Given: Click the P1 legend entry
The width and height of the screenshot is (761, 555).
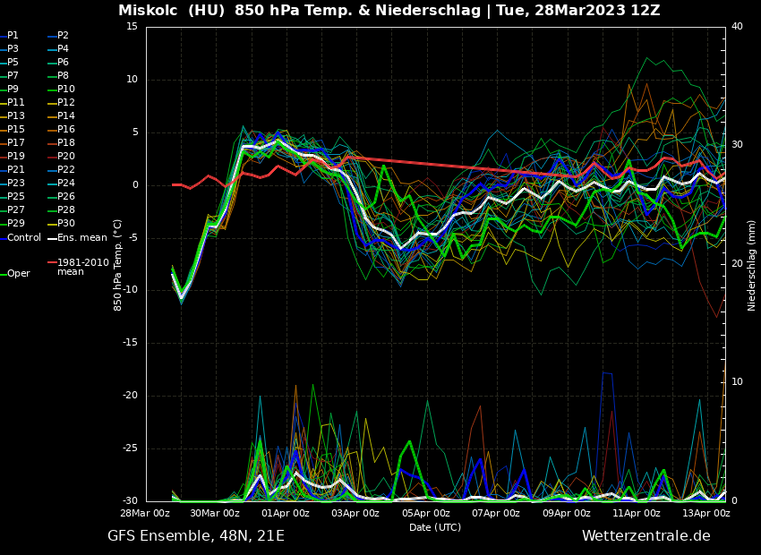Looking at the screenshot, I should (x=13, y=36).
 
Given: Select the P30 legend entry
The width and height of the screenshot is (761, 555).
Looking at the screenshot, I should (x=65, y=224).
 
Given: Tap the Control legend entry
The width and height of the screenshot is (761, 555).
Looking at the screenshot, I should (x=24, y=237).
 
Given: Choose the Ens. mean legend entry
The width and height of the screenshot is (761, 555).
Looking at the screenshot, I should (x=81, y=237).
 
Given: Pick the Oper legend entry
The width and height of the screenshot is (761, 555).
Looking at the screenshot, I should (x=18, y=274).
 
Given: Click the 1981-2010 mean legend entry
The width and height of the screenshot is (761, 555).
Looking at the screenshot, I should (x=82, y=267).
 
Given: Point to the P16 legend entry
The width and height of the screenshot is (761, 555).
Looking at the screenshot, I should (x=65, y=130).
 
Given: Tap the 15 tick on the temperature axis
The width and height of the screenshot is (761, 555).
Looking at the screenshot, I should (x=132, y=27).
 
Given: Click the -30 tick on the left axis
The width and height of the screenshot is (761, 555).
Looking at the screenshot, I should (x=130, y=501).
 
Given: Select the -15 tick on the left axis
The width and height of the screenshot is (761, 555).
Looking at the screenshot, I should (x=130, y=343).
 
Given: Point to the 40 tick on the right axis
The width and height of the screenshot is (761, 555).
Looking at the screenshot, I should (x=737, y=27).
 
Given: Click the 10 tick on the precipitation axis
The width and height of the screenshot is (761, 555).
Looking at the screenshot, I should (x=737, y=382).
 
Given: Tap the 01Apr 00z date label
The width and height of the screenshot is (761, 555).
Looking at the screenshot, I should (x=286, y=514).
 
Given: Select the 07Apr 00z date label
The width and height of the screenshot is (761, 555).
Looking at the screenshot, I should (x=496, y=514).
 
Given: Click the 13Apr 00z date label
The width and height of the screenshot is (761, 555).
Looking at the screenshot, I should (x=706, y=514).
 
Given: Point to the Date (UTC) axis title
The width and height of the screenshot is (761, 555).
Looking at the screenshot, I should (x=435, y=527).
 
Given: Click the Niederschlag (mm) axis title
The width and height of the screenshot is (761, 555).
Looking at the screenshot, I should (x=752, y=265).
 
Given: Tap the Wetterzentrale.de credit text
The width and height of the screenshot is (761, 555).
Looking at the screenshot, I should (x=646, y=536).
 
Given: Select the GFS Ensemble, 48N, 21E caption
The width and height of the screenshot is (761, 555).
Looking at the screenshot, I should (x=196, y=536).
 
